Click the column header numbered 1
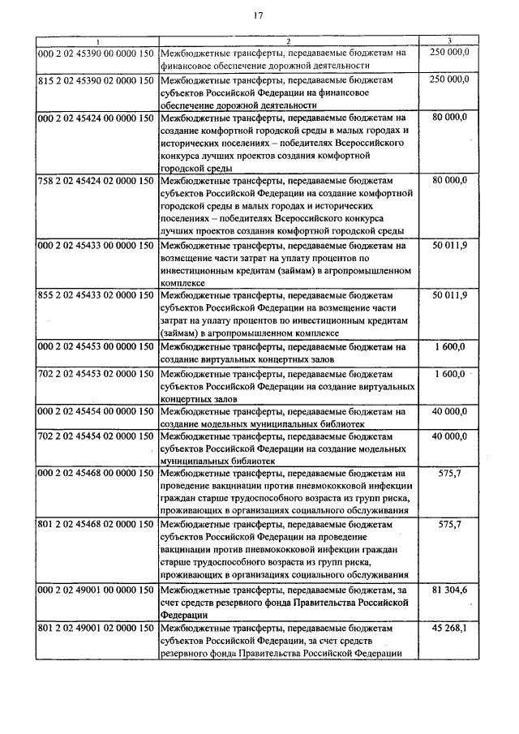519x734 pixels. point(97,41)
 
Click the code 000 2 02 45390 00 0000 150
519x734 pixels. point(97,52)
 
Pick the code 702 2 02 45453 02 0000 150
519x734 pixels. point(97,375)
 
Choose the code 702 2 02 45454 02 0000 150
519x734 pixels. point(97,436)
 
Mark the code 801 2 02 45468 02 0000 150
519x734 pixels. point(97,525)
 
